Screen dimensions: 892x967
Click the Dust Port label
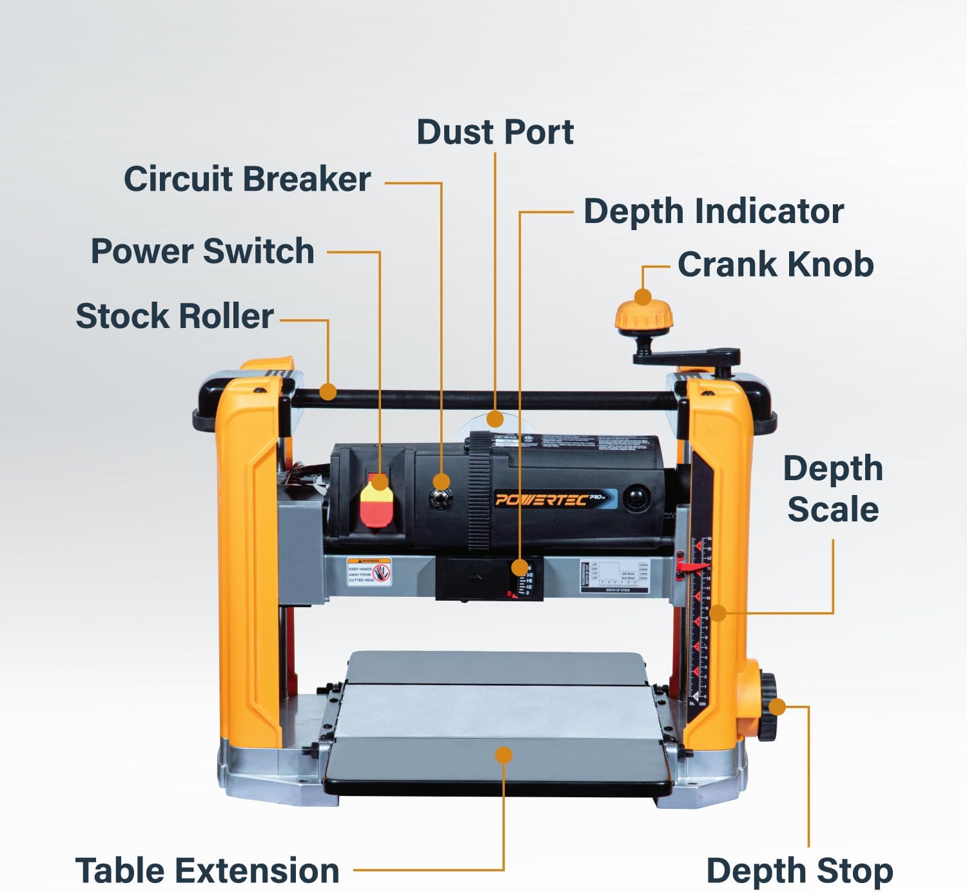494,132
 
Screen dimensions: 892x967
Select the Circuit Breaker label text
247,179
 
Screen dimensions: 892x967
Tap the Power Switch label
202,251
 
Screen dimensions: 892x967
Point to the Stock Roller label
175,316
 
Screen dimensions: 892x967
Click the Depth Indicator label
714,211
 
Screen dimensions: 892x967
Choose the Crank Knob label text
776,264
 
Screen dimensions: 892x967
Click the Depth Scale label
833,489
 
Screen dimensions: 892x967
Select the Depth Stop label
799,871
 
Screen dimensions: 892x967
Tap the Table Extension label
207,871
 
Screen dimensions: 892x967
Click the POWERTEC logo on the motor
542,499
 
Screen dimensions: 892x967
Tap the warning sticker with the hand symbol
369,572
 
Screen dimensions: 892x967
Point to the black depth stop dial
767,707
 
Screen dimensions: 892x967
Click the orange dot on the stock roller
328,391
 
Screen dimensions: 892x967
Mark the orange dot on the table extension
503,755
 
